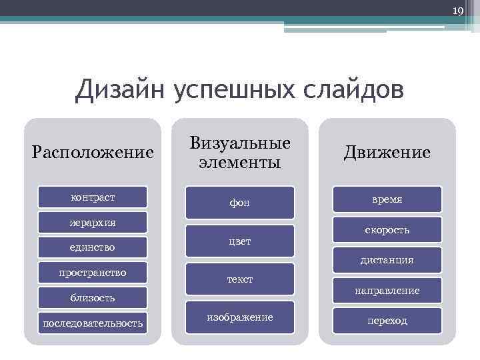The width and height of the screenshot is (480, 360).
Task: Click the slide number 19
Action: click(x=457, y=11)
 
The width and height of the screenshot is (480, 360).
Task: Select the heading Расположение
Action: click(x=93, y=153)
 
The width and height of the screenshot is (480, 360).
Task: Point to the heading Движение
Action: click(x=387, y=153)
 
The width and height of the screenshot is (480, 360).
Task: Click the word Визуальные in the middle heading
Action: click(x=240, y=143)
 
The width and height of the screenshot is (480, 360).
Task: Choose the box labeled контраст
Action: click(x=93, y=197)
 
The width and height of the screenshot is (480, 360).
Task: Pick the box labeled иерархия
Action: click(x=93, y=222)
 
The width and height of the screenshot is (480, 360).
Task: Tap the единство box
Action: click(x=93, y=247)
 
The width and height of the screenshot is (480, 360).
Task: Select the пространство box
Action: click(x=93, y=273)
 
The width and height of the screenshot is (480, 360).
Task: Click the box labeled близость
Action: click(x=93, y=298)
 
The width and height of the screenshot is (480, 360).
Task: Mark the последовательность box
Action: click(x=93, y=323)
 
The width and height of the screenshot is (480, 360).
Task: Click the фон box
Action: click(x=240, y=202)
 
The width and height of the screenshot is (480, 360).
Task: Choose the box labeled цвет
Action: click(x=240, y=241)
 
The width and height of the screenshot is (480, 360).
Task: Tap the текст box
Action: click(x=240, y=279)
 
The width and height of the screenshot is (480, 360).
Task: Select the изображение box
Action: click(x=240, y=317)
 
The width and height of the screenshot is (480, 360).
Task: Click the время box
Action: click(x=387, y=199)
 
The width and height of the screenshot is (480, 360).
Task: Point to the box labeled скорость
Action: click(x=387, y=230)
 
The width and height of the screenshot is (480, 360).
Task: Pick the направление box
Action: click(x=387, y=291)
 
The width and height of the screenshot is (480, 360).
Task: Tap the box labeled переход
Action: click(x=387, y=321)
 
